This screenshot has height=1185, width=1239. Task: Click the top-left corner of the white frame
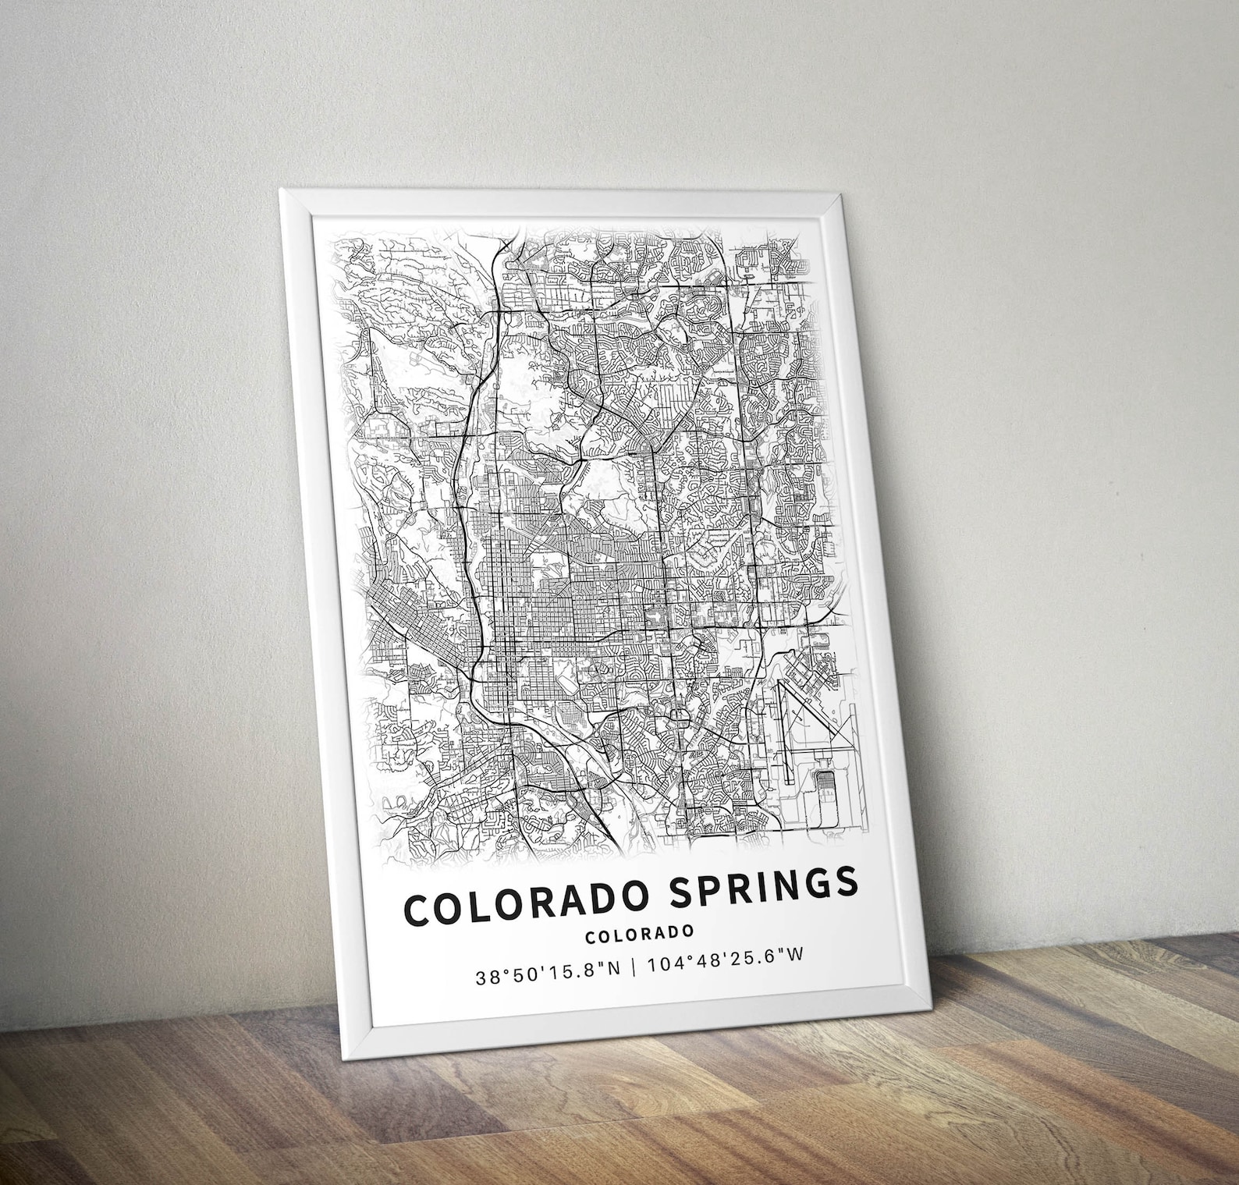pyautogui.click(x=281, y=190)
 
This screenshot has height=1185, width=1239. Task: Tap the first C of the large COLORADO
pyautogui.click(x=417, y=913)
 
